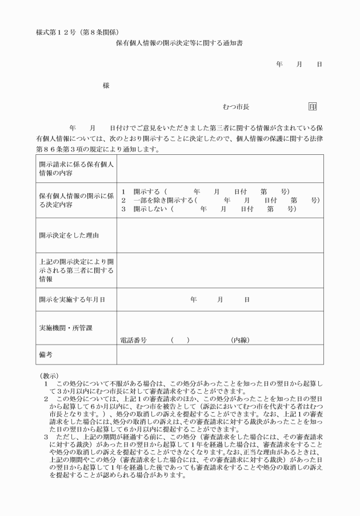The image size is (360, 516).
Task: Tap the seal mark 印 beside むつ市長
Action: click(x=312, y=107)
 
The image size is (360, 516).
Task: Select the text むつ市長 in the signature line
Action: click(x=236, y=107)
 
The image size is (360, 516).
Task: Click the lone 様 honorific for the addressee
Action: click(x=106, y=85)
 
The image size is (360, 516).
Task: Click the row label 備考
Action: click(x=46, y=354)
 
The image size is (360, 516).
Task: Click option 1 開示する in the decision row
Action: click(x=143, y=191)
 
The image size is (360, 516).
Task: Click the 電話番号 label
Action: click(x=133, y=340)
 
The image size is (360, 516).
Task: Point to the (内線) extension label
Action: click(x=240, y=340)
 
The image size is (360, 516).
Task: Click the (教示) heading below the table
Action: click(x=49, y=375)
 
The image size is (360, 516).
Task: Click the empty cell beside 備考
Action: click(x=220, y=354)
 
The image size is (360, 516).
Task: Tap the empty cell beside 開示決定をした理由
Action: click(x=220, y=234)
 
